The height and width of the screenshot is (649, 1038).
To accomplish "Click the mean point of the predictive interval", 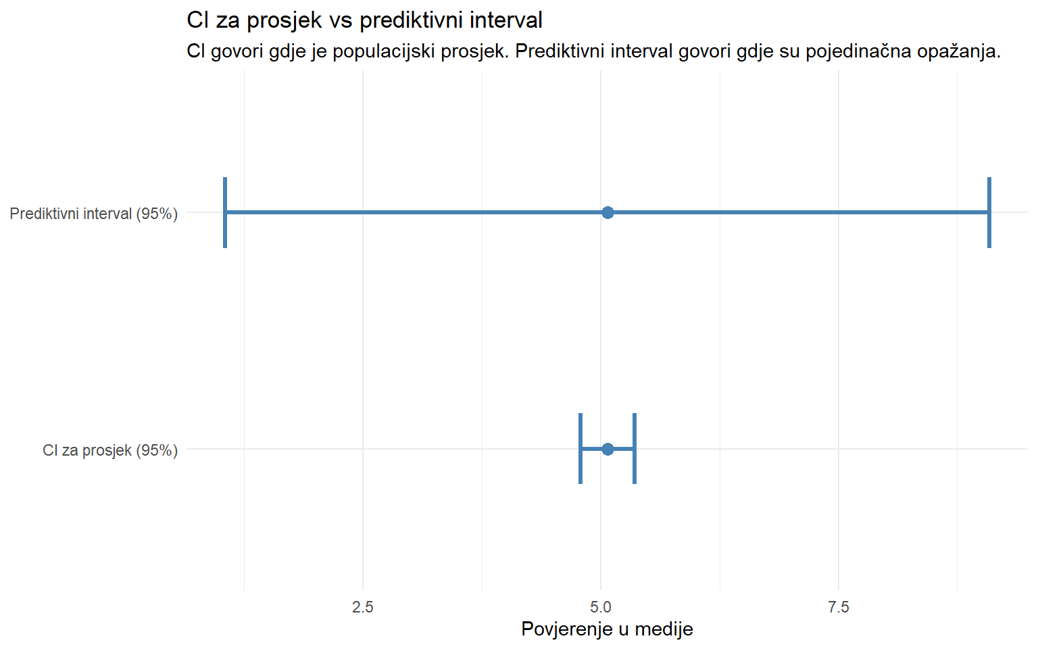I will click(x=608, y=213).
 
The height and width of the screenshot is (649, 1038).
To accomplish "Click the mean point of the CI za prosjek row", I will click(x=608, y=449).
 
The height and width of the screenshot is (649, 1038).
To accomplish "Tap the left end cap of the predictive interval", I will click(x=225, y=213).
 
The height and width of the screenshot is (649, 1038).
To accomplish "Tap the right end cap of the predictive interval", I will click(x=989, y=213).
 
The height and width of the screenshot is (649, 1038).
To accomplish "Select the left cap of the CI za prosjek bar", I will click(x=580, y=449).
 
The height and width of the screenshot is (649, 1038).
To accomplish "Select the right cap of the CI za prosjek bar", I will click(x=635, y=449).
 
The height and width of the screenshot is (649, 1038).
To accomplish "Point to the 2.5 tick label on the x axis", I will click(x=363, y=607).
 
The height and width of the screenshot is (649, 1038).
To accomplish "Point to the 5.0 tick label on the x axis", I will click(x=601, y=607).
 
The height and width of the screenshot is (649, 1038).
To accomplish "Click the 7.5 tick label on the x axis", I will click(x=839, y=607).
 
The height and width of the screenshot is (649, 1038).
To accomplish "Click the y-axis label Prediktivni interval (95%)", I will click(x=94, y=214).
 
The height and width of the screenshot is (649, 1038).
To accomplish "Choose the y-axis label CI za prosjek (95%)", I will click(x=110, y=450).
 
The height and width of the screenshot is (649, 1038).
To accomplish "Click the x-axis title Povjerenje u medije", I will click(x=607, y=629).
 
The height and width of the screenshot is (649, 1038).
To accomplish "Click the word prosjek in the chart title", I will click(x=285, y=21).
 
